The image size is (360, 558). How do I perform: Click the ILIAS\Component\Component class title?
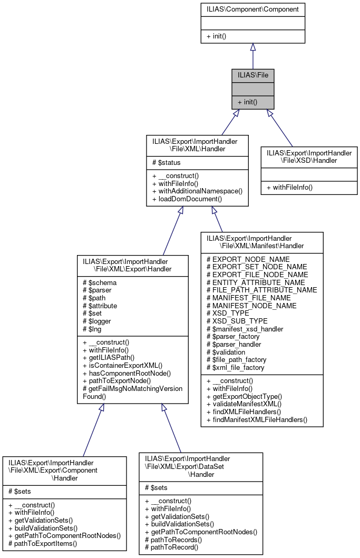[x=252, y=9]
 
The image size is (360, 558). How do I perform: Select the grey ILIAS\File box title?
[x=252, y=75]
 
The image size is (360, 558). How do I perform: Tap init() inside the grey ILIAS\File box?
[x=247, y=102]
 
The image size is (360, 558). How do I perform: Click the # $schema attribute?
[x=100, y=282]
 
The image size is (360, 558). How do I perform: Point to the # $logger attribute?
[x=100, y=321]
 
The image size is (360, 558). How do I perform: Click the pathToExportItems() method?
[x=43, y=543]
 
